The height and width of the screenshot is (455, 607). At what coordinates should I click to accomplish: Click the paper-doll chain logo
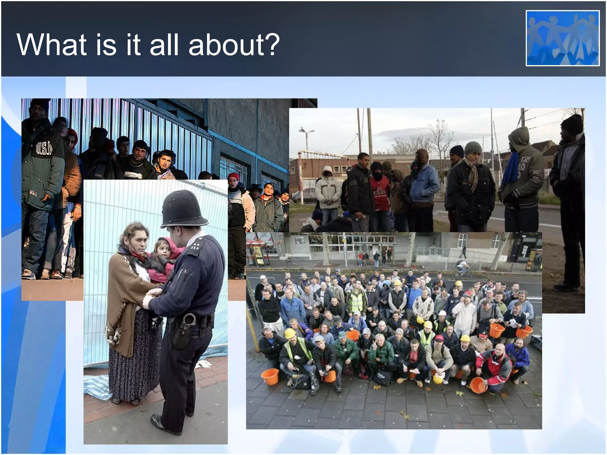(563, 38)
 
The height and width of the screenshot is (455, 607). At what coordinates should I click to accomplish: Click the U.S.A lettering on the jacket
(44, 148)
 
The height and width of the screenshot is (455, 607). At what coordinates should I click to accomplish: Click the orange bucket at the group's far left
(270, 376)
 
